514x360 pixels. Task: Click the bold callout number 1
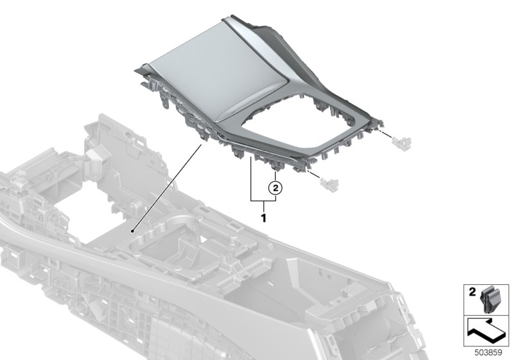point(263,218)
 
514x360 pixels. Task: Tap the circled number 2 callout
point(276,188)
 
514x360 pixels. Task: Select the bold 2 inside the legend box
point(472,292)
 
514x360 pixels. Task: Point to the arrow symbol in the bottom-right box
point(486,330)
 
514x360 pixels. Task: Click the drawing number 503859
point(488,353)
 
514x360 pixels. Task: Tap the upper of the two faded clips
point(402,141)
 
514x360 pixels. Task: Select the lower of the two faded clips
point(329,183)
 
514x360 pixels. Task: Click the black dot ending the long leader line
point(133,231)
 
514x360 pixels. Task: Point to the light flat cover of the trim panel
point(217,71)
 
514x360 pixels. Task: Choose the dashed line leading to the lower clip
point(314,174)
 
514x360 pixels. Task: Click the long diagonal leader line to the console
point(167,188)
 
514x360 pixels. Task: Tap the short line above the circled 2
point(276,177)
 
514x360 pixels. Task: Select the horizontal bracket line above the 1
point(263,201)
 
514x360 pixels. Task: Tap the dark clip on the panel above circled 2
point(275,166)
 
